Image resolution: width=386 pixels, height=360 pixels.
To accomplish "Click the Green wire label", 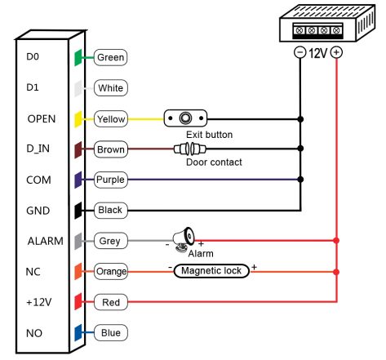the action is [110, 57].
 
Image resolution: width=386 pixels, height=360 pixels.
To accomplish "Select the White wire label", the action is [110, 88].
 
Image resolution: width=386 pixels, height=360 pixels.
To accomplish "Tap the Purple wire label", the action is [110, 180].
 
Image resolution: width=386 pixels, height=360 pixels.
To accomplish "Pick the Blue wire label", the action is [111, 332].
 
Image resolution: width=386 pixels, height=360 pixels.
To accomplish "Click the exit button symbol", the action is [185, 118].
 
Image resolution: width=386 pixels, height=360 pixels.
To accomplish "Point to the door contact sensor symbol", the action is [190, 149].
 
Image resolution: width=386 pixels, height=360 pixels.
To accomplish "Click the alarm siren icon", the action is [184, 239].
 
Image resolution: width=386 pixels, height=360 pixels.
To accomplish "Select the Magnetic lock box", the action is [211, 271].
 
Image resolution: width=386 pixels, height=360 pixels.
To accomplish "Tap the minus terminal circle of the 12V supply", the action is [300, 52].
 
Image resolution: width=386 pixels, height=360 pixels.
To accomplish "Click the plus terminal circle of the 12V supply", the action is [336, 52].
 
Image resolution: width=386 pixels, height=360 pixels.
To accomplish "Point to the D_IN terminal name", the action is [38, 149].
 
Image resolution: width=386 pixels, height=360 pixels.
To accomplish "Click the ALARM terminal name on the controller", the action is [46, 241].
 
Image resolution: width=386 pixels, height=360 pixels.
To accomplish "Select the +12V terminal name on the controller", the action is [39, 302].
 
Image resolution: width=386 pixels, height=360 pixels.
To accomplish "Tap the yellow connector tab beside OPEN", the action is [78, 119].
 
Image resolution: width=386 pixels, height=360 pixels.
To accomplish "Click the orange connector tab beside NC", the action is [78, 271].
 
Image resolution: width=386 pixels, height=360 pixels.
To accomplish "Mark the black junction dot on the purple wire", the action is [300, 180].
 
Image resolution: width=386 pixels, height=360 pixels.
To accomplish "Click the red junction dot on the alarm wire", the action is [336, 241].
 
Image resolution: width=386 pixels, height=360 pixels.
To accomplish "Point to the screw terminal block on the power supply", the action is [317, 30].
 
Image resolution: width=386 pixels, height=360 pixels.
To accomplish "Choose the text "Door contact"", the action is [214, 162].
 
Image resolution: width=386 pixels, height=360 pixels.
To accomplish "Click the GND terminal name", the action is [38, 211].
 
